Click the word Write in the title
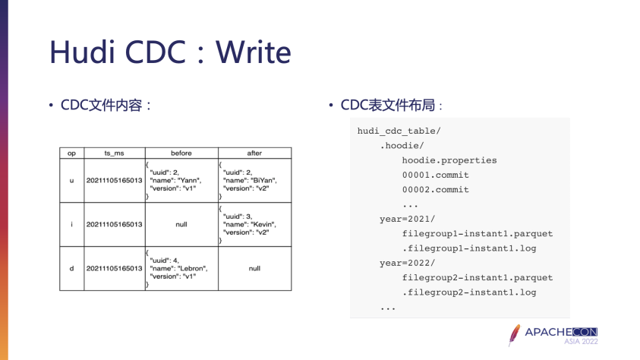(x=254, y=52)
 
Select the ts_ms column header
(x=113, y=153)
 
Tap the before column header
(x=181, y=153)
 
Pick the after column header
(x=254, y=153)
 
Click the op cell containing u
(x=71, y=181)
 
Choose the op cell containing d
(x=71, y=268)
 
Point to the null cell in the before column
(x=181, y=224)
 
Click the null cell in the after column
(x=254, y=268)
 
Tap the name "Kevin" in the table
(x=261, y=224)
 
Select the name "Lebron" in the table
(x=192, y=268)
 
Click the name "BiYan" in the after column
(x=263, y=181)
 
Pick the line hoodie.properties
(x=449, y=160)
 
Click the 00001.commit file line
(x=436, y=175)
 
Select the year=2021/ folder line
(x=408, y=219)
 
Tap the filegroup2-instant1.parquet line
(x=478, y=277)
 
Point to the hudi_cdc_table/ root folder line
(x=399, y=131)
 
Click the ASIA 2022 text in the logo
(x=581, y=343)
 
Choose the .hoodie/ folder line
(x=402, y=146)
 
